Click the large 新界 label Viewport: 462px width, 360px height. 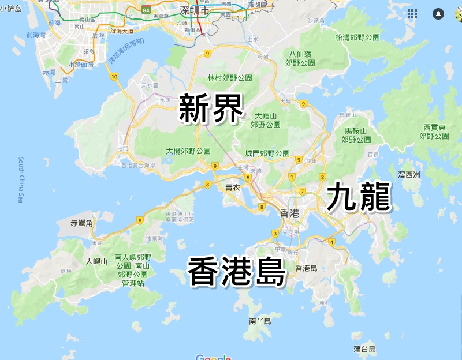point(210,108)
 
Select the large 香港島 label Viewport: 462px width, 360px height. point(237,272)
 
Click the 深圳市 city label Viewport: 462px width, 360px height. point(193,10)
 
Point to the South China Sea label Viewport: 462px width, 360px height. point(20,180)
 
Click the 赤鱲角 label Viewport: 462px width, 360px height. point(81,223)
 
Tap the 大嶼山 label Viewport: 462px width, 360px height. point(96,261)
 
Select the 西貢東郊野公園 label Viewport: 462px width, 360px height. point(434,132)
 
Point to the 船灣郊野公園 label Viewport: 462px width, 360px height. point(357,37)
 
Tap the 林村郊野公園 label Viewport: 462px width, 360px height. point(230,77)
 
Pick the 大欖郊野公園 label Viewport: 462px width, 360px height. point(188,151)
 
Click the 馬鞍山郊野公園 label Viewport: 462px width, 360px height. point(356,135)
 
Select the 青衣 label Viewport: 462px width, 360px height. point(233,187)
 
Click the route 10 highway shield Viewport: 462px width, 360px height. point(114,76)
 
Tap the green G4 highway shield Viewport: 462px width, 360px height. point(146,10)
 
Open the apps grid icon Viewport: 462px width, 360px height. point(412,13)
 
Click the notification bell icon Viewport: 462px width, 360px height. point(438,13)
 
